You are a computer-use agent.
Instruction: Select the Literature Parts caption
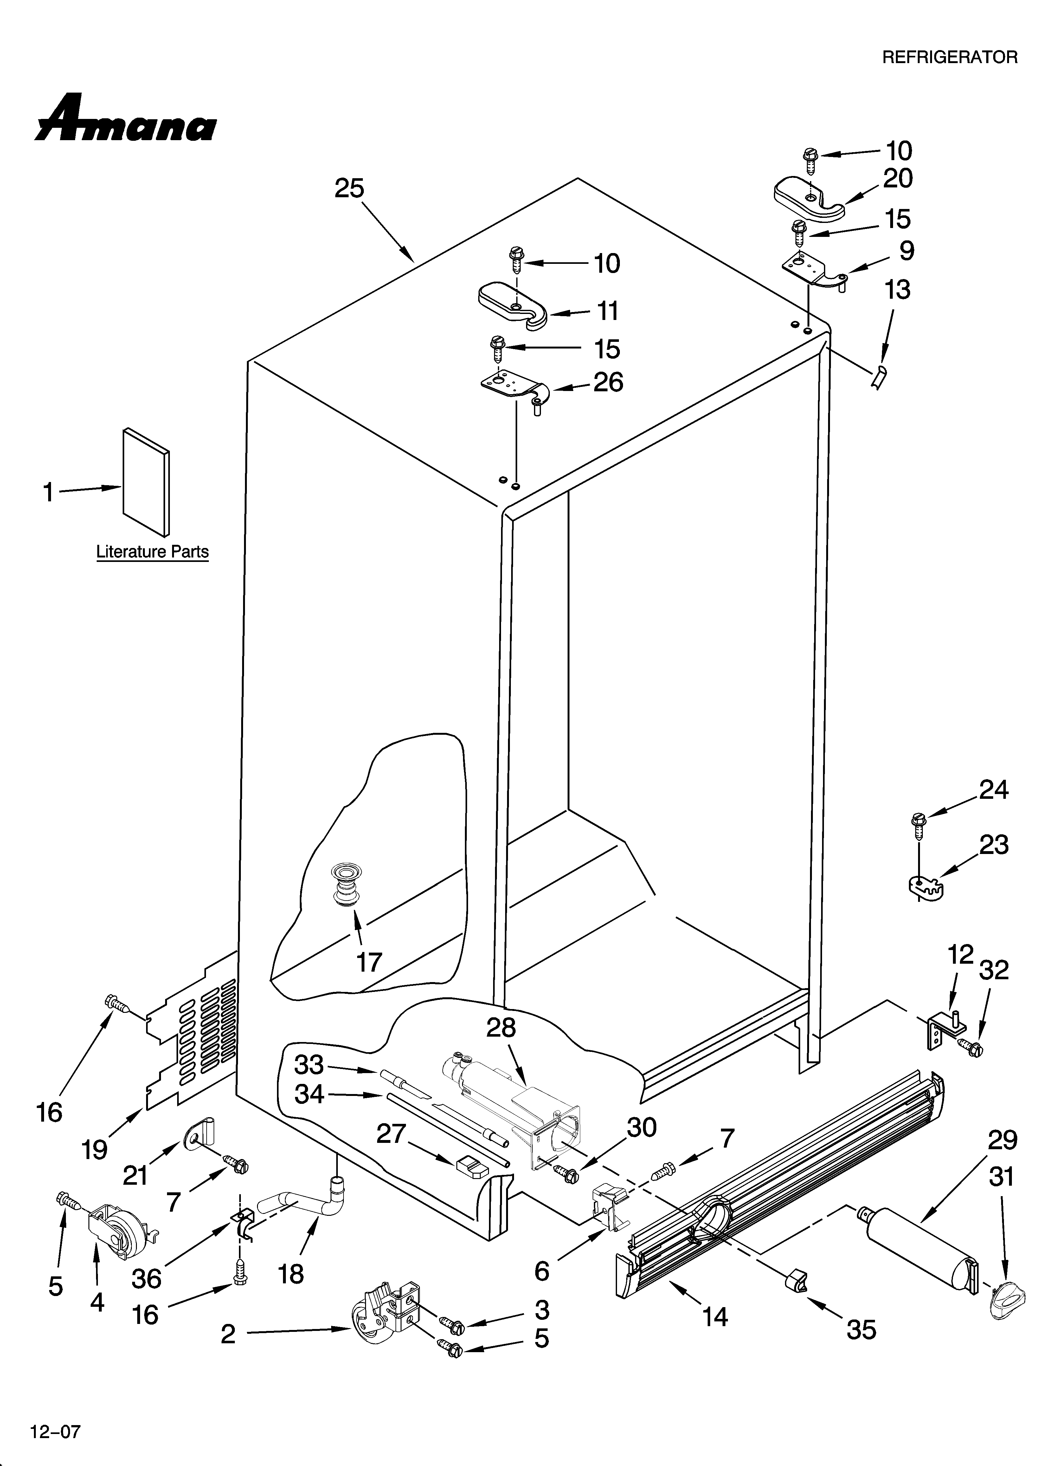click(x=152, y=552)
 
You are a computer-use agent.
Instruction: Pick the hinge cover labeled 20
click(x=808, y=195)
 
